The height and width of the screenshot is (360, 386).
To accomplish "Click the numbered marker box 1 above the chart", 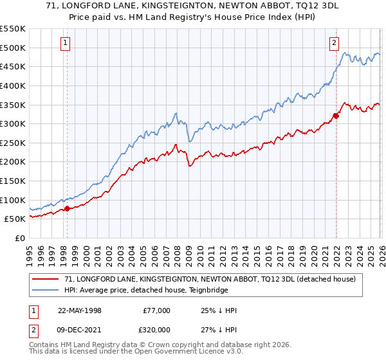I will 66,44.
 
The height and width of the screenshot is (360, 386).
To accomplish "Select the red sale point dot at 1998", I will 67,208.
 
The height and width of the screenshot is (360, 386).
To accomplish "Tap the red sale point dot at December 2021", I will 336,116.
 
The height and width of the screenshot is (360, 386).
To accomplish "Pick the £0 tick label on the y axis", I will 19,238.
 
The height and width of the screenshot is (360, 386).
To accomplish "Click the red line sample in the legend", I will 46,278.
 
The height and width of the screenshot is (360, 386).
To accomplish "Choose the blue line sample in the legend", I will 46,289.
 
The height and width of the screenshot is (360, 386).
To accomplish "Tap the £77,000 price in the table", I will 156,310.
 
